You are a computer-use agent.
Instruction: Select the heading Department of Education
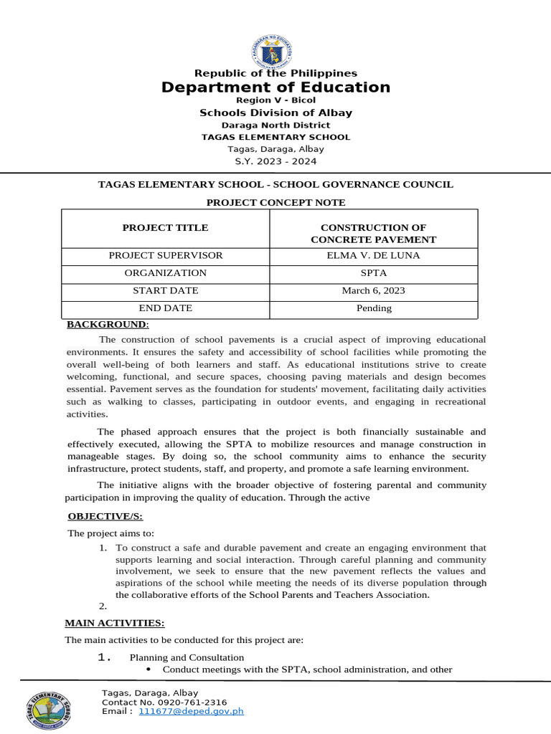pos(275,87)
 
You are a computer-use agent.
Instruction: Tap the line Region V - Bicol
pos(275,100)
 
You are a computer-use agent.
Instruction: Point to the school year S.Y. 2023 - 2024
pos(275,161)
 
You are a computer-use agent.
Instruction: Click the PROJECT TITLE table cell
pos(165,228)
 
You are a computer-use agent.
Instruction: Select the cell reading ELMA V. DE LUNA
pos(374,255)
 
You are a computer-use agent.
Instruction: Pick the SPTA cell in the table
pos(374,273)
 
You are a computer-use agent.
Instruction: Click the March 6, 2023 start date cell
pos(374,290)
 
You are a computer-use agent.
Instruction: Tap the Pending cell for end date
pos(374,308)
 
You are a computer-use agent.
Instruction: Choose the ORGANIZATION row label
pos(165,273)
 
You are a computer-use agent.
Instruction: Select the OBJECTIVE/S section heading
pos(105,516)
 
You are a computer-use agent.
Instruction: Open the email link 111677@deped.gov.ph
pos(192,712)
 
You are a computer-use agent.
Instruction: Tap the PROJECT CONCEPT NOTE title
pos(275,203)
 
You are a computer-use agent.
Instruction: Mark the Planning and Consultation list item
pos(187,657)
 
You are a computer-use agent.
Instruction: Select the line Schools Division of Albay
pos(275,113)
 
